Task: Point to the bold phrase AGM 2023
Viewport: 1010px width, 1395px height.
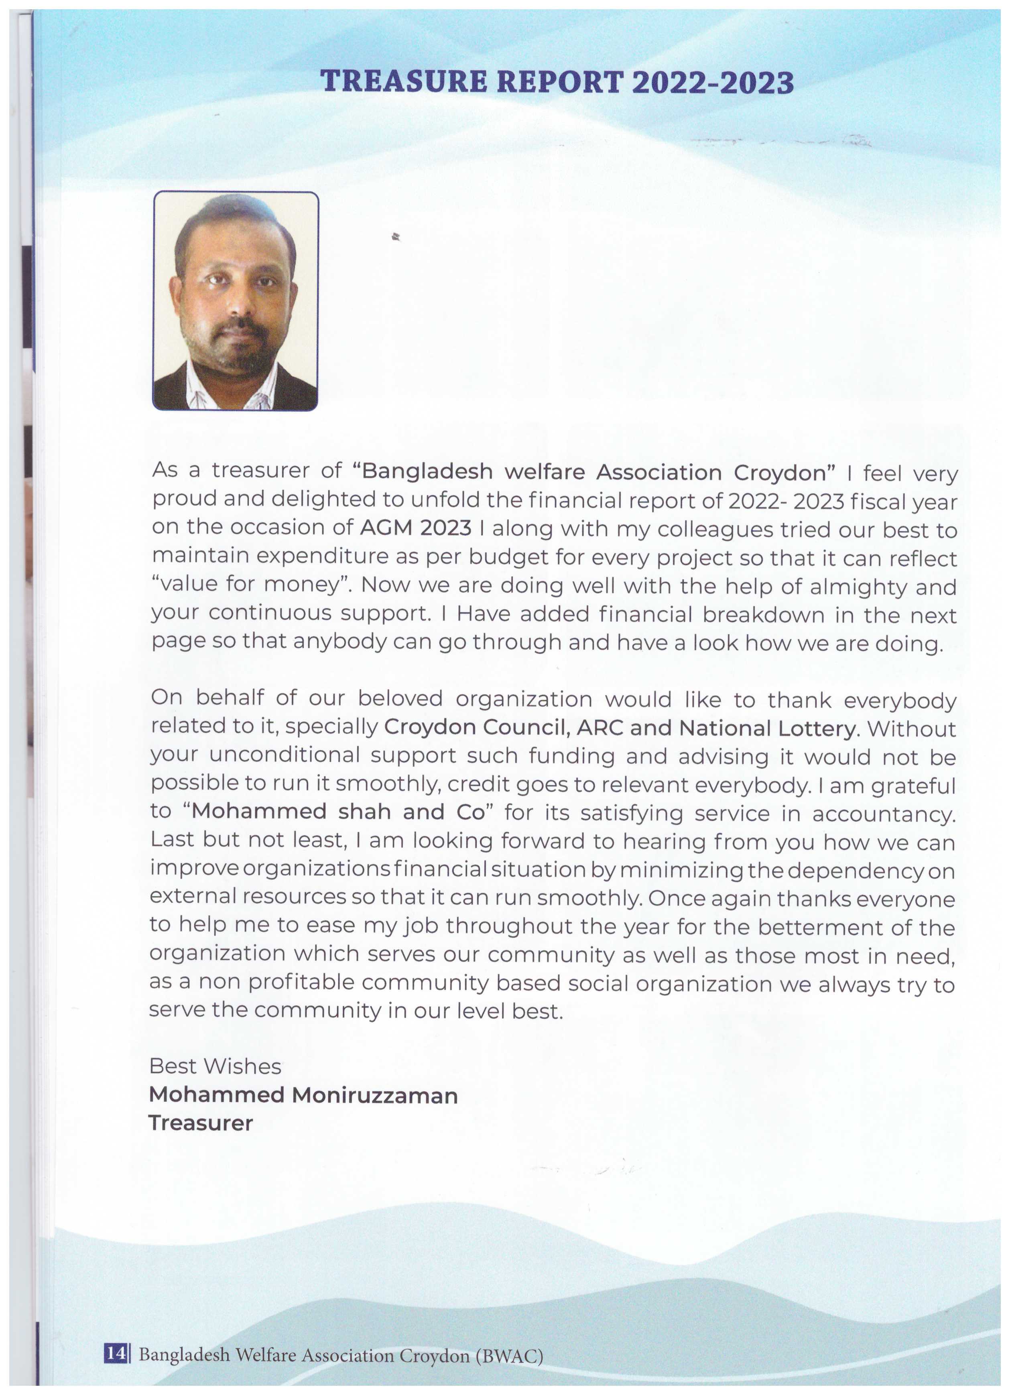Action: pos(416,528)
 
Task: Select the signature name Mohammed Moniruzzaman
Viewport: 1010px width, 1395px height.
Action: pos(303,1095)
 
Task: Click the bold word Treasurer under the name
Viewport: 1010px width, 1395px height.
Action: pos(201,1123)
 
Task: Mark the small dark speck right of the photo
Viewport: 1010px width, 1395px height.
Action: pos(397,236)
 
